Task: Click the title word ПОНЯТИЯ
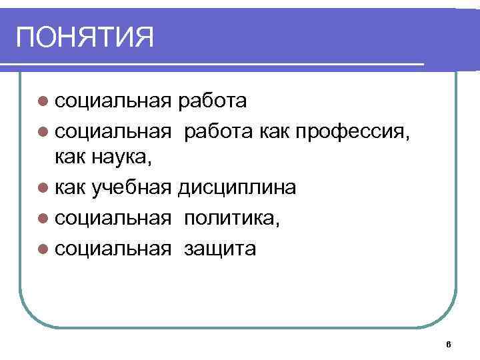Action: pyautogui.click(x=85, y=37)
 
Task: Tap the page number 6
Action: pyautogui.click(x=448, y=344)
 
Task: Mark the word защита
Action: pyautogui.click(x=220, y=249)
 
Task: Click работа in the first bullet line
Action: pyautogui.click(x=213, y=101)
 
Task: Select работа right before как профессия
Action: pyautogui.click(x=218, y=131)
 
